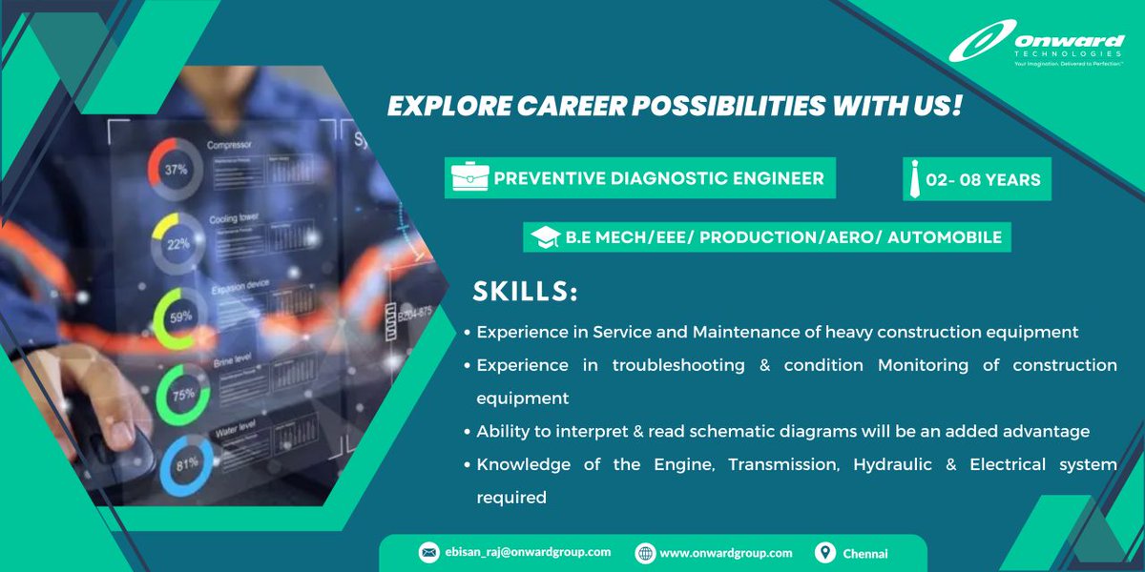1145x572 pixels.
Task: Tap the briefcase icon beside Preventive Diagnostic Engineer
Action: click(470, 178)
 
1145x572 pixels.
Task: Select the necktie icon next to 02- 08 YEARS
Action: click(916, 179)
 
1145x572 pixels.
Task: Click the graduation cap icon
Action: click(545, 236)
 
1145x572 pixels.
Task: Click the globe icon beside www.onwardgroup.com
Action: click(645, 553)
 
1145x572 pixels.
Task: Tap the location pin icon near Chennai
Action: click(825, 553)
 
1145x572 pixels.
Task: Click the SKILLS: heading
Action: click(526, 292)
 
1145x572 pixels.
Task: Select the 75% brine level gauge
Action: click(182, 393)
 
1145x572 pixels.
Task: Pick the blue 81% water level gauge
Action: click(186, 466)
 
